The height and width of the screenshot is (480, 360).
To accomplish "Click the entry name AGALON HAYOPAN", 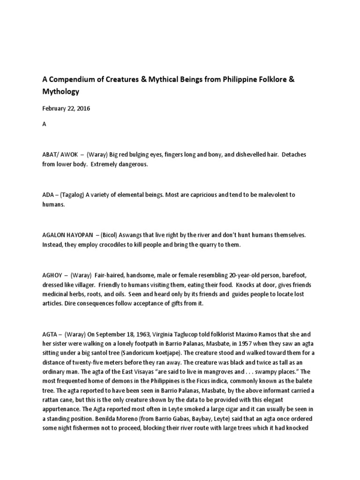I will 69,234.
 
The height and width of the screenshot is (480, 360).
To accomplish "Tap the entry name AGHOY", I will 52,274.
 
